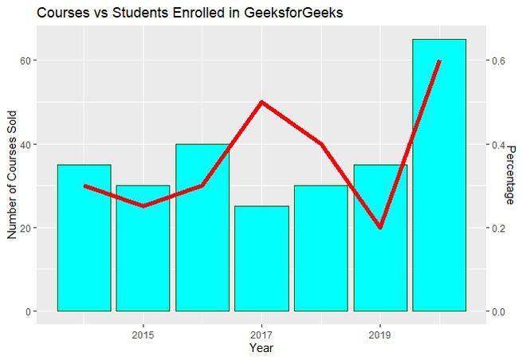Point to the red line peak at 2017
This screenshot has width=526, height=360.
coord(261,102)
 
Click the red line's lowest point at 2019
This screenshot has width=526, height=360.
coord(380,228)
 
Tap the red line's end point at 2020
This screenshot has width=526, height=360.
coord(439,61)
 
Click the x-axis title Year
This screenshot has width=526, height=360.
coord(261,348)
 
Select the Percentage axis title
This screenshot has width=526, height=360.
coord(510,174)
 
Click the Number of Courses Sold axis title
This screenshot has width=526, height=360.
coord(11,174)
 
